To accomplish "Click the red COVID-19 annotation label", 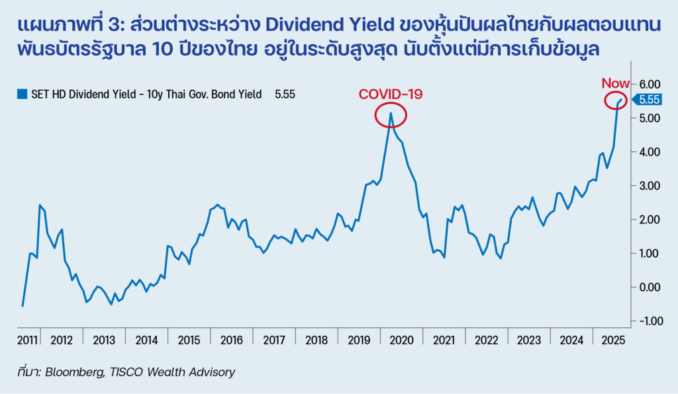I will point(390,94).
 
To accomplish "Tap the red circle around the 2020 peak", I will point(391,116).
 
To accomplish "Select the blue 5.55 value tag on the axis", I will point(650,100).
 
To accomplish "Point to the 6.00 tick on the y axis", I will point(650,84).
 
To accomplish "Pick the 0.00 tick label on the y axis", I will point(650,287).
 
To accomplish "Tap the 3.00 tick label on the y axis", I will point(650,186).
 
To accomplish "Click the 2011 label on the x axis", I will point(26,340).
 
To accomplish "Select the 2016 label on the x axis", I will point(231,340).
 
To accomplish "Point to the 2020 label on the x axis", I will point(401,340).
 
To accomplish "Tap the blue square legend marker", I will point(21,95).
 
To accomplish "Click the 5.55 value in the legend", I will point(285,95).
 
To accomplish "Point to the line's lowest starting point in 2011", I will point(23,305).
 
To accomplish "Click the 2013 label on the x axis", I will point(104,340).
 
